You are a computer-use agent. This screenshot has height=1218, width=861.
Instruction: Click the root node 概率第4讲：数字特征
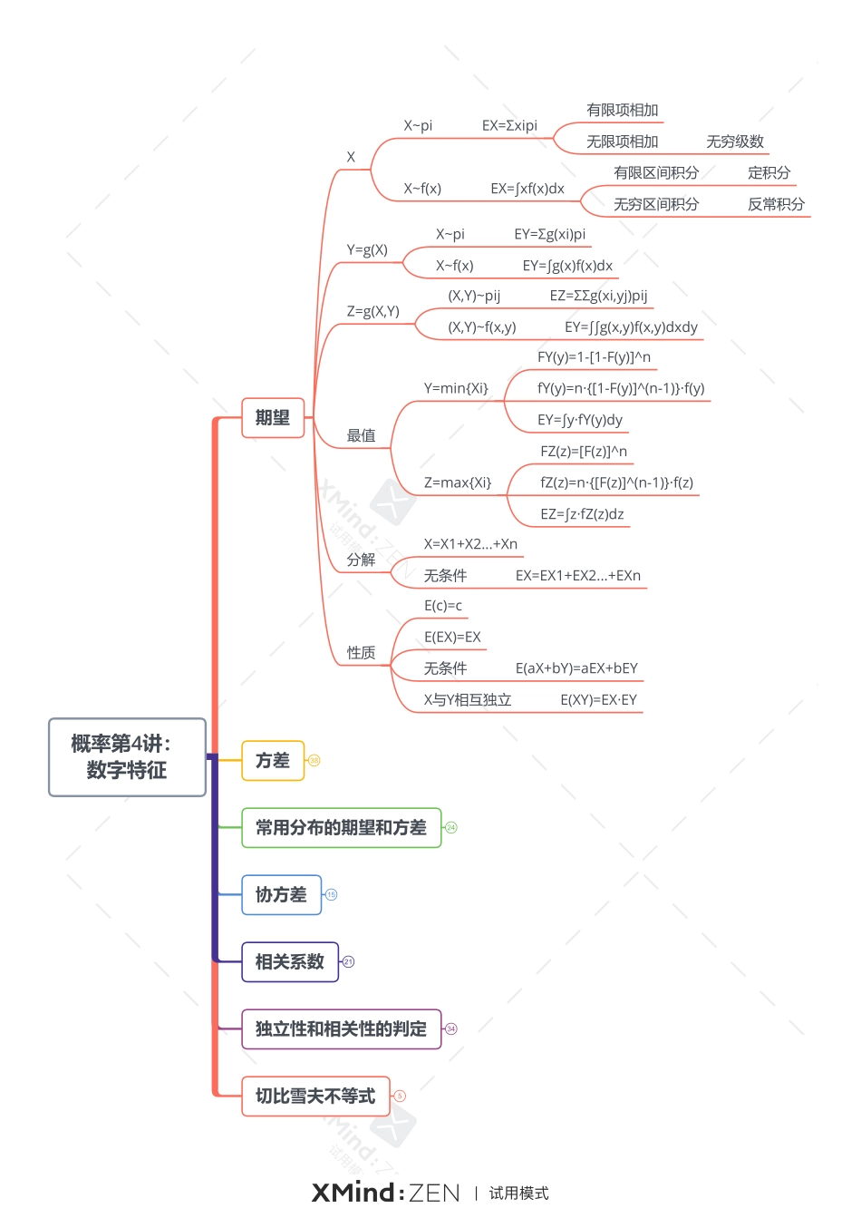(127, 757)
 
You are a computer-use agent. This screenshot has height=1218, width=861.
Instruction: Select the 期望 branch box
(273, 418)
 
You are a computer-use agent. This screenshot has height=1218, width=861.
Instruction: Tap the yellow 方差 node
(273, 761)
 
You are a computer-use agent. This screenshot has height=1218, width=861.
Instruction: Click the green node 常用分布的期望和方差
(341, 828)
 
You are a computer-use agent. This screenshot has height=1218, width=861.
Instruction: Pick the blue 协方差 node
(281, 895)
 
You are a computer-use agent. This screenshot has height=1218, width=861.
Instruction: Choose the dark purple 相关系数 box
(289, 962)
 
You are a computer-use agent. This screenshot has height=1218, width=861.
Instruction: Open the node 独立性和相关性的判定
(341, 1029)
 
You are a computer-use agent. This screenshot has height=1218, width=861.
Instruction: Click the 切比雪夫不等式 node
(315, 1096)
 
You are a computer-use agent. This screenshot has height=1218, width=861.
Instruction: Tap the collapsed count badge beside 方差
(314, 761)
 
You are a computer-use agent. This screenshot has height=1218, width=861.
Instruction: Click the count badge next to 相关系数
(349, 962)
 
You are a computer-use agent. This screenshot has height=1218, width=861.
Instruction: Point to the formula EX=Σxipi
(509, 126)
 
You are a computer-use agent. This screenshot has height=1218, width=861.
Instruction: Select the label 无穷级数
(735, 141)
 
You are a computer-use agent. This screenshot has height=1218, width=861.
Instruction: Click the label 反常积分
(776, 204)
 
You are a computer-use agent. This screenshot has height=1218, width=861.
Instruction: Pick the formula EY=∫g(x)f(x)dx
(567, 266)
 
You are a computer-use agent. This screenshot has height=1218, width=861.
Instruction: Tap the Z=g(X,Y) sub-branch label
(372, 311)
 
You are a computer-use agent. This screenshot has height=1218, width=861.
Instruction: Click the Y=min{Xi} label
(456, 388)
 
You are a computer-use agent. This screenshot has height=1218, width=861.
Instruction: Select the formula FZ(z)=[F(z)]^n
(584, 452)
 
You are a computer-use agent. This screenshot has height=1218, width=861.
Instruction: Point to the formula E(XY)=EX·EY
(598, 700)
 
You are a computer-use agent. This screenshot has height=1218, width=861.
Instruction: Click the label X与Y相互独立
(468, 700)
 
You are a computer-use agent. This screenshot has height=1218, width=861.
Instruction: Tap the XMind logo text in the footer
(353, 1193)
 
